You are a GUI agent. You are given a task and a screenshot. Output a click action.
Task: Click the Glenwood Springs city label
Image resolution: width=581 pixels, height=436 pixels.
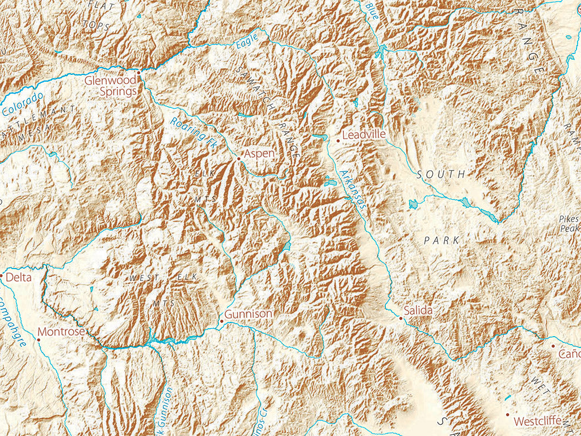(111, 86)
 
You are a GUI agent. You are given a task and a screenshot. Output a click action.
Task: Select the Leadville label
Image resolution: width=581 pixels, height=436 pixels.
(364, 135)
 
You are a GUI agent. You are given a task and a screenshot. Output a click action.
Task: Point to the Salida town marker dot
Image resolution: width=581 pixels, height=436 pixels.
(401, 318)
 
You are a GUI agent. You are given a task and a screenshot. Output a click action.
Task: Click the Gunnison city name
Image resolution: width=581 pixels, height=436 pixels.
(249, 314)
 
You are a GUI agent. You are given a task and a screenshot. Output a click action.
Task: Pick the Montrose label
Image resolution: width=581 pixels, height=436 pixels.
(61, 332)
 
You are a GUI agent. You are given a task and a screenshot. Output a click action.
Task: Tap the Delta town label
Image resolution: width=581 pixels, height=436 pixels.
(19, 278)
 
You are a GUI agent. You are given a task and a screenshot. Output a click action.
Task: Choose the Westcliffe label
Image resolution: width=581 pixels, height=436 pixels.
(537, 421)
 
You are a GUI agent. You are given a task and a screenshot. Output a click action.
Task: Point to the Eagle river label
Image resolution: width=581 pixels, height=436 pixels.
(246, 40)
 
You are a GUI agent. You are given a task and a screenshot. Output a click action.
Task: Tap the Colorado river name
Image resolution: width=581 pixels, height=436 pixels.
(23, 104)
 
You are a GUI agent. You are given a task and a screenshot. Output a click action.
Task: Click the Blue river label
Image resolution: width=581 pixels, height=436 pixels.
(372, 10)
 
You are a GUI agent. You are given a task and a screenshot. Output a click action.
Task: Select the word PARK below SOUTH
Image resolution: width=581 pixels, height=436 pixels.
(441, 241)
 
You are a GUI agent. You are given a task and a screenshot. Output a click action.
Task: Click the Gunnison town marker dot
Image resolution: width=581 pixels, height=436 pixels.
(221, 321)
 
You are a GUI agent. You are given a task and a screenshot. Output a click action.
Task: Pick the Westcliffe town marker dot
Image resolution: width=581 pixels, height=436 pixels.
(508, 415)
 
